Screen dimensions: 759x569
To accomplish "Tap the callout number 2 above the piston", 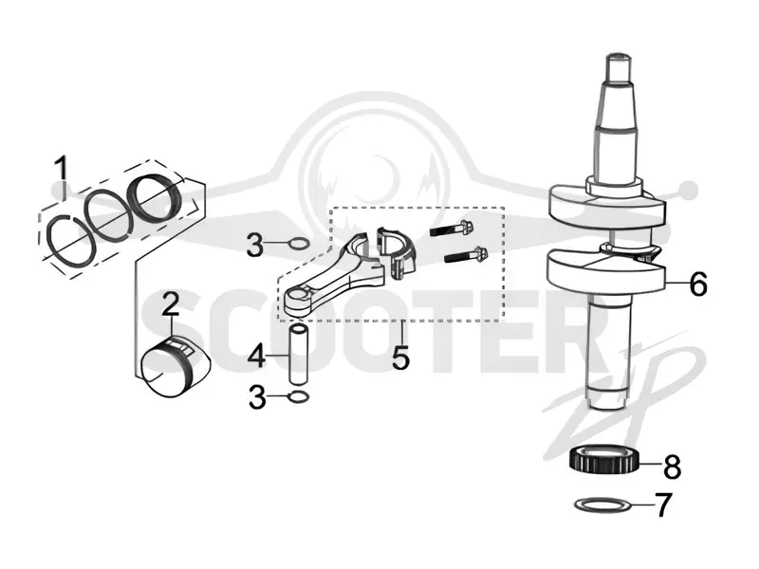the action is pyautogui.click(x=171, y=304).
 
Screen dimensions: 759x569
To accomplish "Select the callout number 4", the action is pyautogui.click(x=256, y=358).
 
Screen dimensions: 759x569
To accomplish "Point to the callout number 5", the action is pyautogui.click(x=400, y=358).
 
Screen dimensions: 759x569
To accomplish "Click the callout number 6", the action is pyautogui.click(x=697, y=284).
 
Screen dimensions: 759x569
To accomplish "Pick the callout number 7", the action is pyautogui.click(x=663, y=505).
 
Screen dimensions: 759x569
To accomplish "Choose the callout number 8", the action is pyautogui.click(x=672, y=467).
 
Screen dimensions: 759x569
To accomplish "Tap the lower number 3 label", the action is pyautogui.click(x=257, y=396).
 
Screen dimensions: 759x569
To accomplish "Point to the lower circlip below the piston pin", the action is pyautogui.click(x=298, y=397).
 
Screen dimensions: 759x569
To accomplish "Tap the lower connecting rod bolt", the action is pyautogui.click(x=466, y=255).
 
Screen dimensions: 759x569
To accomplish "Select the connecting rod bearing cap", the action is pyautogui.click(x=397, y=251).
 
